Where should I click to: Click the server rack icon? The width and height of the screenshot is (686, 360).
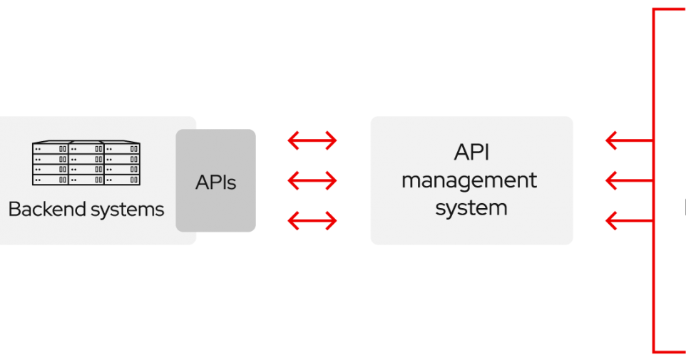pos(86,163)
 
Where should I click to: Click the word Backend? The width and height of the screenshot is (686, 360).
pos(42,210)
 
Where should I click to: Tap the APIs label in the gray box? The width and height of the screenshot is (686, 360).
pos(215,182)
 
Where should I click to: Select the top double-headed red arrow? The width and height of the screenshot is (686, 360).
pos(312,141)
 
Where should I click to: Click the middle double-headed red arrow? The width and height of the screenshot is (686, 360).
pos(312,181)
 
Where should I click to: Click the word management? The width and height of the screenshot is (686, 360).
pos(469,180)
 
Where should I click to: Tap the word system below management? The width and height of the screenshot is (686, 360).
pos(471,207)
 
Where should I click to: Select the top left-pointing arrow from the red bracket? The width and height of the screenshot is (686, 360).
pos(628,141)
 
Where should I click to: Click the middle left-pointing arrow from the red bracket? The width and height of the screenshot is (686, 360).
pos(628,181)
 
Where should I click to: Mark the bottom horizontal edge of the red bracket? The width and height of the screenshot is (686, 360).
pos(670,351)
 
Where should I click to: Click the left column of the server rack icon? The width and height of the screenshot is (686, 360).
pos(50,163)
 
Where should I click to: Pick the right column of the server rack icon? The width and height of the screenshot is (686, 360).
pos(123,163)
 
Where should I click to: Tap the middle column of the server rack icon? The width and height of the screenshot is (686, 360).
pos(86,163)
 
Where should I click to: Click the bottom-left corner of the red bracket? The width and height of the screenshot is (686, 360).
pos(654,351)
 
